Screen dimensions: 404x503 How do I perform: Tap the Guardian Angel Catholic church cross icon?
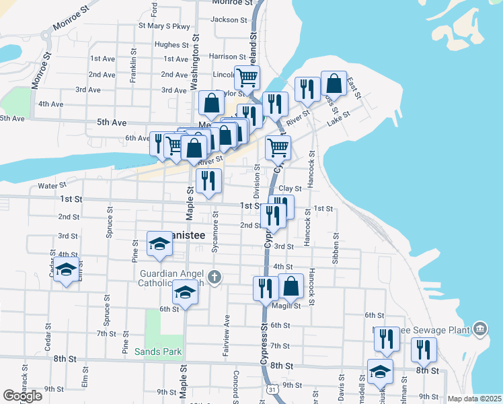[214, 277]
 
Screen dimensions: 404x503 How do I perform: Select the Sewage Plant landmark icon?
[479, 329]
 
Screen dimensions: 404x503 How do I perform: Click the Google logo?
[22, 396]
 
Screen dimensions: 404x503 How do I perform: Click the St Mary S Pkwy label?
[164, 26]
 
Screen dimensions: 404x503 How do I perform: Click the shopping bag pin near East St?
[334, 83]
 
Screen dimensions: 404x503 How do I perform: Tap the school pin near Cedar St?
[66, 271]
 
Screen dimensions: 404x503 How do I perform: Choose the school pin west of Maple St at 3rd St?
[159, 244]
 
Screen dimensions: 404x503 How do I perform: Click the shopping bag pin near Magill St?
[291, 286]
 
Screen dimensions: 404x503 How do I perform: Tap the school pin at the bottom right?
[380, 372]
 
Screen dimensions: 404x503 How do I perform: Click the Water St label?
[52, 185]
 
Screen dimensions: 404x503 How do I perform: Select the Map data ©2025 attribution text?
[475, 399]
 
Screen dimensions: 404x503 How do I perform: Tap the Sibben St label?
[334, 248]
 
